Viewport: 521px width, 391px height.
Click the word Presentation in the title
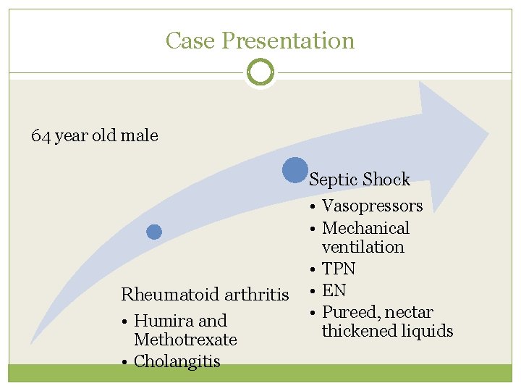click(x=288, y=41)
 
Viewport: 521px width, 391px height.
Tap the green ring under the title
click(x=260, y=72)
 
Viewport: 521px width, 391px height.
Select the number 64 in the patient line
click(x=41, y=135)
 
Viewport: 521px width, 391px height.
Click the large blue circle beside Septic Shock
click(x=295, y=170)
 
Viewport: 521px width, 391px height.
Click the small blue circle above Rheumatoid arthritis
click(x=154, y=232)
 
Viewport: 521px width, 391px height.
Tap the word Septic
click(x=334, y=180)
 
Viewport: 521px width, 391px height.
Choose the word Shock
click(x=386, y=180)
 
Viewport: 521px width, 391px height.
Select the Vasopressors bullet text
click(x=372, y=206)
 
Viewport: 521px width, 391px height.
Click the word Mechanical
click(x=365, y=228)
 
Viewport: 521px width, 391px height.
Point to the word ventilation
click(x=363, y=247)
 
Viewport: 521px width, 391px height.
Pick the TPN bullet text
click(x=338, y=269)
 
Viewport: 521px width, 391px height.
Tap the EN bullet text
click(x=334, y=290)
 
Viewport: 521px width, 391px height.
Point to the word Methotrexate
click(x=185, y=340)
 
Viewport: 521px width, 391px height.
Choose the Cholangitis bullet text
click(x=177, y=361)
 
